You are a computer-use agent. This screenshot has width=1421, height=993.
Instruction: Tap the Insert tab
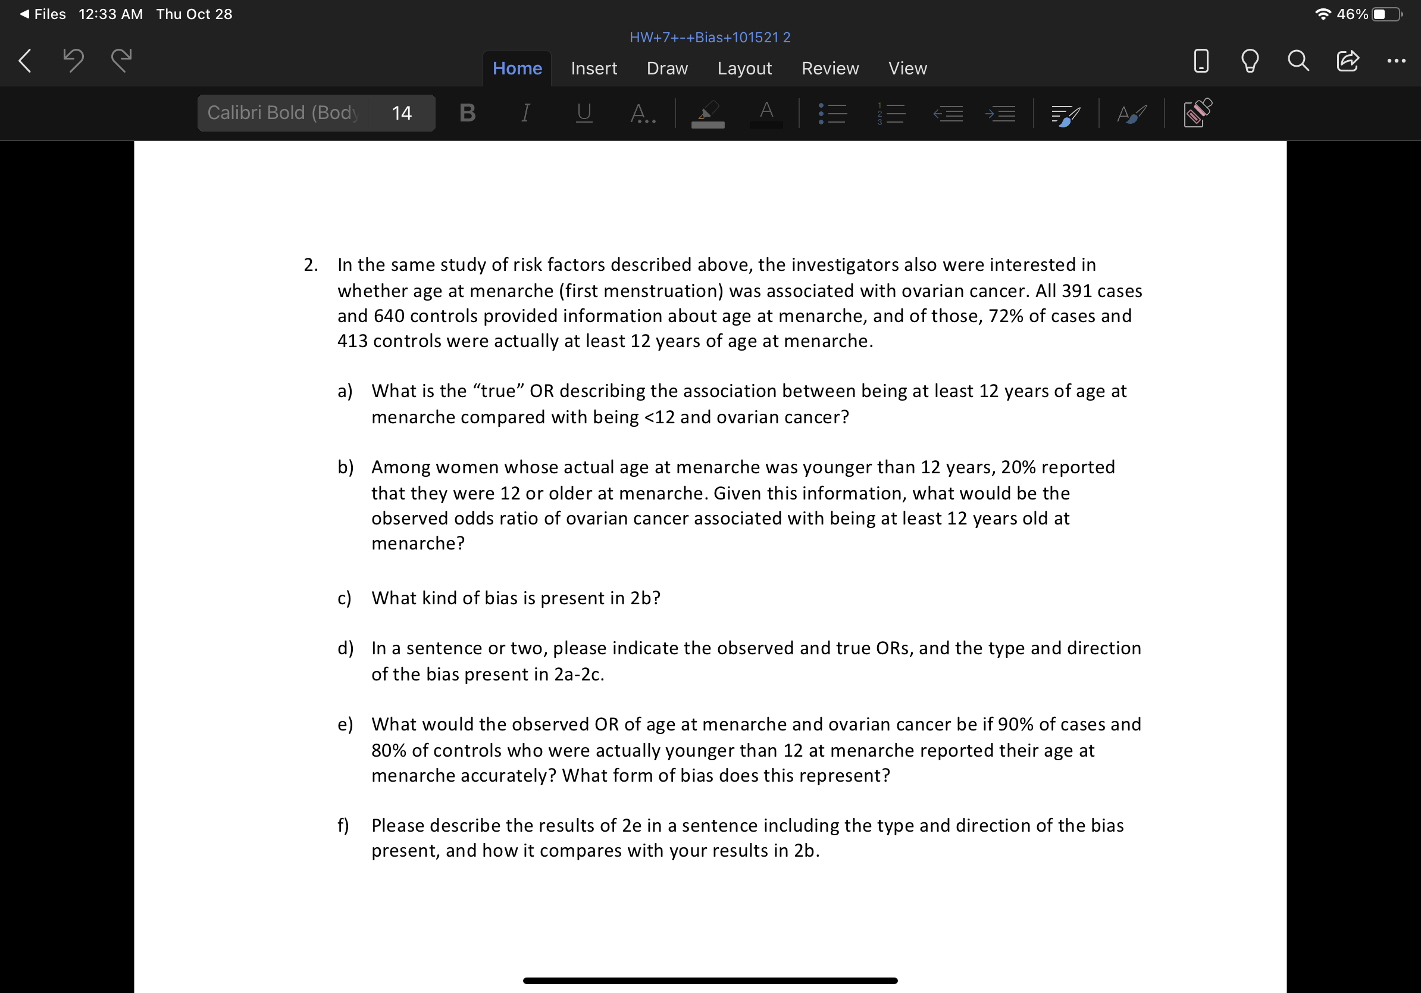point(593,68)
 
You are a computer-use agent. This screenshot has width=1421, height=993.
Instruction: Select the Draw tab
point(666,68)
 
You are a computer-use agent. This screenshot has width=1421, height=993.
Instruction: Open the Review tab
point(830,68)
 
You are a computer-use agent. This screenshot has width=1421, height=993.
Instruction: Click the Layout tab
point(744,68)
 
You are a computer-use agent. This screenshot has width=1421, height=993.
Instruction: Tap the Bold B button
point(467,113)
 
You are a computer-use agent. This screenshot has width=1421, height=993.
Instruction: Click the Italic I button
point(525,113)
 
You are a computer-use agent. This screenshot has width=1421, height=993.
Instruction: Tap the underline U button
point(584,113)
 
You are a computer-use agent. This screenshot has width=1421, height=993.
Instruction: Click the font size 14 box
point(401,113)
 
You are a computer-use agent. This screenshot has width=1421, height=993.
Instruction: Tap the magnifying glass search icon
point(1298,61)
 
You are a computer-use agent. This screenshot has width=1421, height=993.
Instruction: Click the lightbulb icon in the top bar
point(1250,61)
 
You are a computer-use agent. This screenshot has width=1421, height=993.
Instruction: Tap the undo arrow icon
point(73,61)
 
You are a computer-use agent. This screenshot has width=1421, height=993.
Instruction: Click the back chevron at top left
point(25,61)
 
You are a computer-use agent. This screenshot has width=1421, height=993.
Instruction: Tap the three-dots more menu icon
point(1395,61)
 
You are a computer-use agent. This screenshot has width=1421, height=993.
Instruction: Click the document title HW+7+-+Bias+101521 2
point(709,37)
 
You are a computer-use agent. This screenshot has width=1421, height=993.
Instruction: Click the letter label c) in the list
point(344,598)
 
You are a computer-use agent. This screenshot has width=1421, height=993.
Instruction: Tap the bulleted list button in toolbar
point(832,113)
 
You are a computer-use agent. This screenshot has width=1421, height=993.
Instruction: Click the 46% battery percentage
point(1352,14)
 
